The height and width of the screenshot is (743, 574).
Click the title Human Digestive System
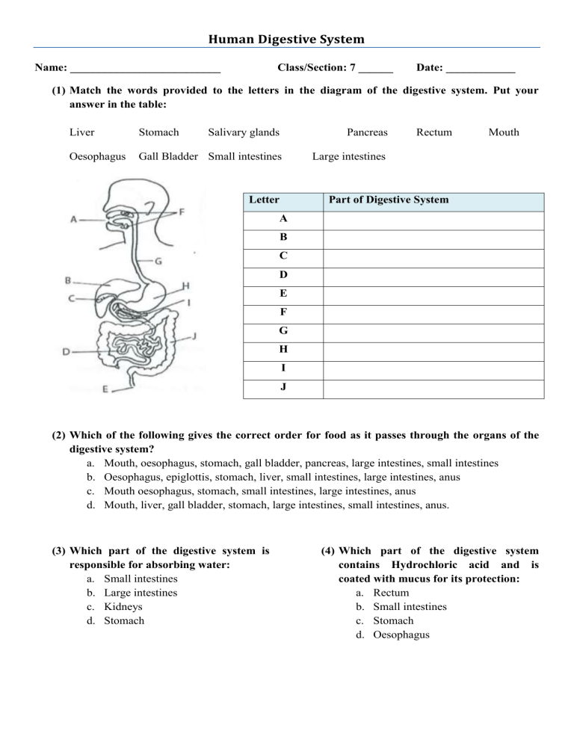tap(287, 38)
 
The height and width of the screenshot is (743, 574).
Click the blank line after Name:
tap(144, 69)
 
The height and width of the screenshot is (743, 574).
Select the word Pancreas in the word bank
tap(367, 132)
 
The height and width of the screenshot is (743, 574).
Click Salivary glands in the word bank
tap(244, 132)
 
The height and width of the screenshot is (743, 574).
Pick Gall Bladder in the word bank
tap(168, 156)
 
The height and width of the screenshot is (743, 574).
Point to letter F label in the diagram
tap(182, 212)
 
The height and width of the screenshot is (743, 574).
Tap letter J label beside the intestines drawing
tap(194, 336)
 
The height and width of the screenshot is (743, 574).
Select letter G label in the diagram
tap(159, 262)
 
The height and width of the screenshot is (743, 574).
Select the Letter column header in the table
tap(264, 200)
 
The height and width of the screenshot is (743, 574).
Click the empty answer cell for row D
tap(433, 276)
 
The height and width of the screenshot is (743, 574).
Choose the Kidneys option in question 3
tap(121, 606)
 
